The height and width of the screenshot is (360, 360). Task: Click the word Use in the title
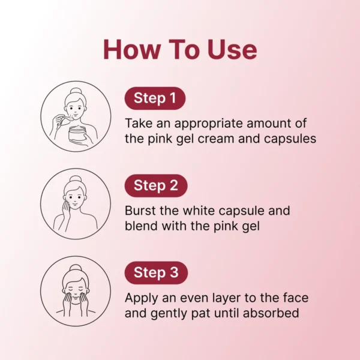232,50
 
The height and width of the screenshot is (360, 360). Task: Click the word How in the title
132,50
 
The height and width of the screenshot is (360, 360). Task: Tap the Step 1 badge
155,98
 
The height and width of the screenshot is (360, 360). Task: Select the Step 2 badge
156,185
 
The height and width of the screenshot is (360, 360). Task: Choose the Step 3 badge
156,273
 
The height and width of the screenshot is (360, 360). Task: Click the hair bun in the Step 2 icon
76,179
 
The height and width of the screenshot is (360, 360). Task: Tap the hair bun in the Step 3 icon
76,268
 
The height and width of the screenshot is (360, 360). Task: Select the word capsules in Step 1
290,139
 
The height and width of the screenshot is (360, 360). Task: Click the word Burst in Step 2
140,211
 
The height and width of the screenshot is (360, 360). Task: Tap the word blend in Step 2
141,226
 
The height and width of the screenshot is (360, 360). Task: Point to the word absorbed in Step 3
271,313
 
